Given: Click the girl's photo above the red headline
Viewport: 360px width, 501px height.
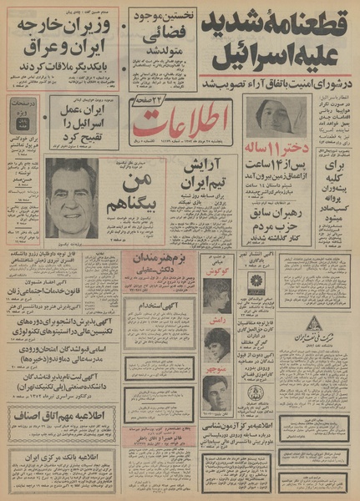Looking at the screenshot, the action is (271, 117).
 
